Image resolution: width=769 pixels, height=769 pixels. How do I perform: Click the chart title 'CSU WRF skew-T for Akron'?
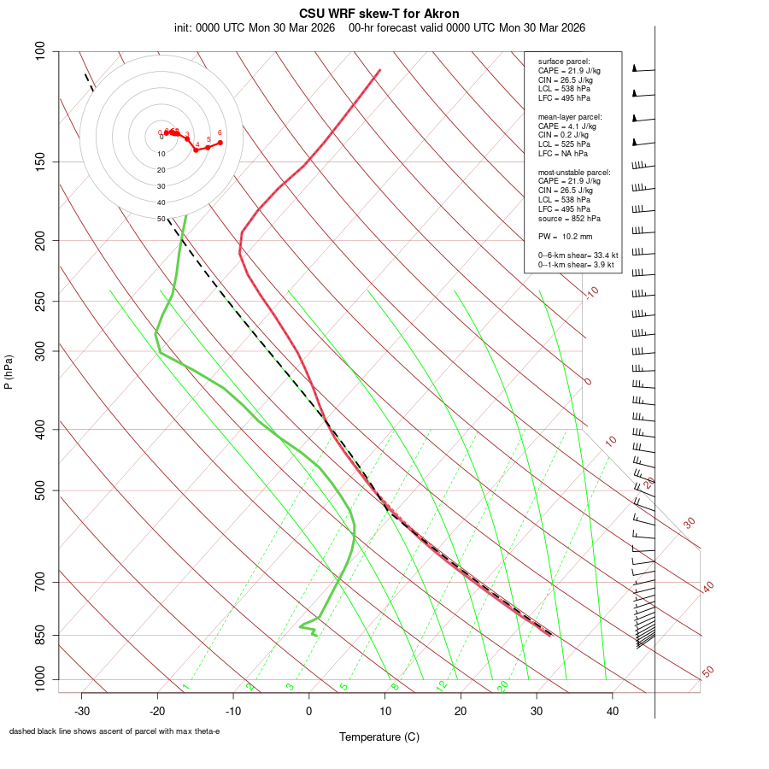coord(379,14)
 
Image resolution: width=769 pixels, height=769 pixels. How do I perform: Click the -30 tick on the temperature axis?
coord(82,711)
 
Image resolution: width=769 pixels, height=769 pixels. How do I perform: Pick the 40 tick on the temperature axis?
coord(612,711)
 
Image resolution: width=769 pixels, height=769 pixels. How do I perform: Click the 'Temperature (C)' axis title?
coord(379,737)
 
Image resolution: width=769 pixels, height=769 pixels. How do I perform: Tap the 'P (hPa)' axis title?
coord(9,372)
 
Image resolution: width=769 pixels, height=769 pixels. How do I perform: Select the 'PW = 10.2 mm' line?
coord(565,237)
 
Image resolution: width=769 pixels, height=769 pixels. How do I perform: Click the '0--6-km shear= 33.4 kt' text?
coord(578,255)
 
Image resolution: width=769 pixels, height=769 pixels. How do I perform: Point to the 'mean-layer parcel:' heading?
coord(570,116)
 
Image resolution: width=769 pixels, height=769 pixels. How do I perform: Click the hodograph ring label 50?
coord(161,219)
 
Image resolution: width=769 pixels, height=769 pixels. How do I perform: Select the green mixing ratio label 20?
coord(502,685)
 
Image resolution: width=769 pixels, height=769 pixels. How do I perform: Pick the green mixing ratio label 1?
coord(185,687)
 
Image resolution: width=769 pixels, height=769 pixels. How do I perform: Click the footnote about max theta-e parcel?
coord(114,731)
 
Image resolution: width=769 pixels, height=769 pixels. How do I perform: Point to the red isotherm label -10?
coord(590,292)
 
